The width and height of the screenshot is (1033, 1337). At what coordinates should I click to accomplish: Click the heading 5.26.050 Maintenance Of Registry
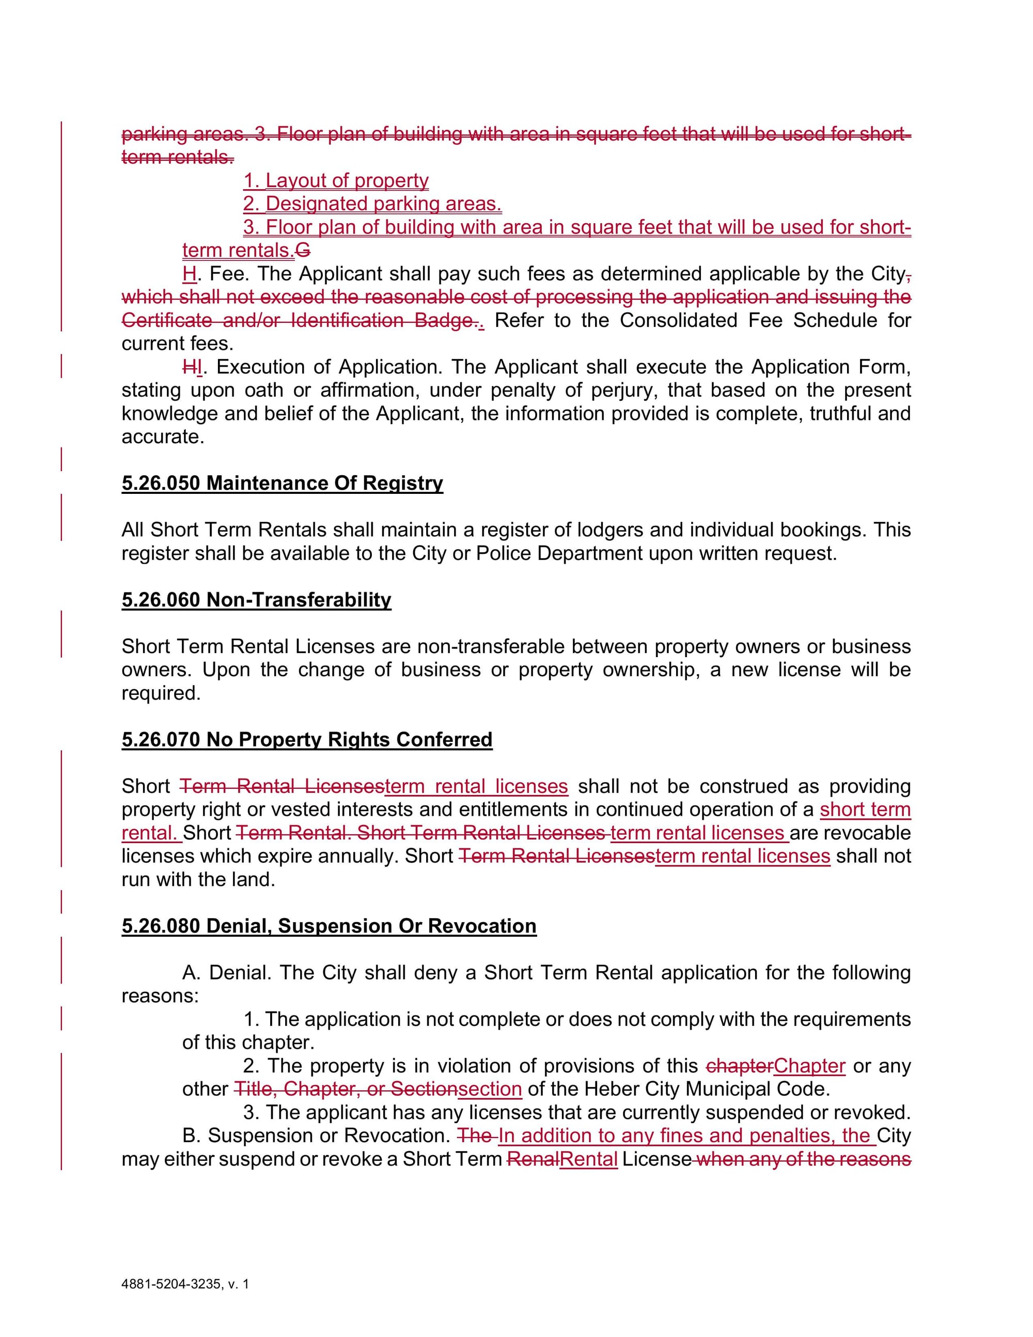(x=282, y=483)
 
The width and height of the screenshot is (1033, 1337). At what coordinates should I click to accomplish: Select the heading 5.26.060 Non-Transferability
(x=256, y=599)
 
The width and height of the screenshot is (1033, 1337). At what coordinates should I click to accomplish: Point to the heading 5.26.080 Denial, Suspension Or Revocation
(x=328, y=926)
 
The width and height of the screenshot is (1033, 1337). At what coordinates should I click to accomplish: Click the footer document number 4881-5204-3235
(x=171, y=1284)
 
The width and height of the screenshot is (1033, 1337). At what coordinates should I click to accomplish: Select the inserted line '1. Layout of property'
(x=336, y=181)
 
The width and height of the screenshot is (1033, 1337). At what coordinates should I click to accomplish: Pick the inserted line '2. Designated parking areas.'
(x=372, y=204)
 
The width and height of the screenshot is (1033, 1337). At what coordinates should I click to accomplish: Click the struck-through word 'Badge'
(x=443, y=320)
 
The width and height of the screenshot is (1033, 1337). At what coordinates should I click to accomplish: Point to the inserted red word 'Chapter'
(x=809, y=1066)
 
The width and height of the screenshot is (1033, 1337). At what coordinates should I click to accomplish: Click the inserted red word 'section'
(x=490, y=1089)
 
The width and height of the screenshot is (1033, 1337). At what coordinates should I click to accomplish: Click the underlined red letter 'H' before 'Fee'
(x=189, y=274)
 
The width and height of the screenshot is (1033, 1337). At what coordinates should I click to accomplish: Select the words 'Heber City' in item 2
(x=632, y=1089)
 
